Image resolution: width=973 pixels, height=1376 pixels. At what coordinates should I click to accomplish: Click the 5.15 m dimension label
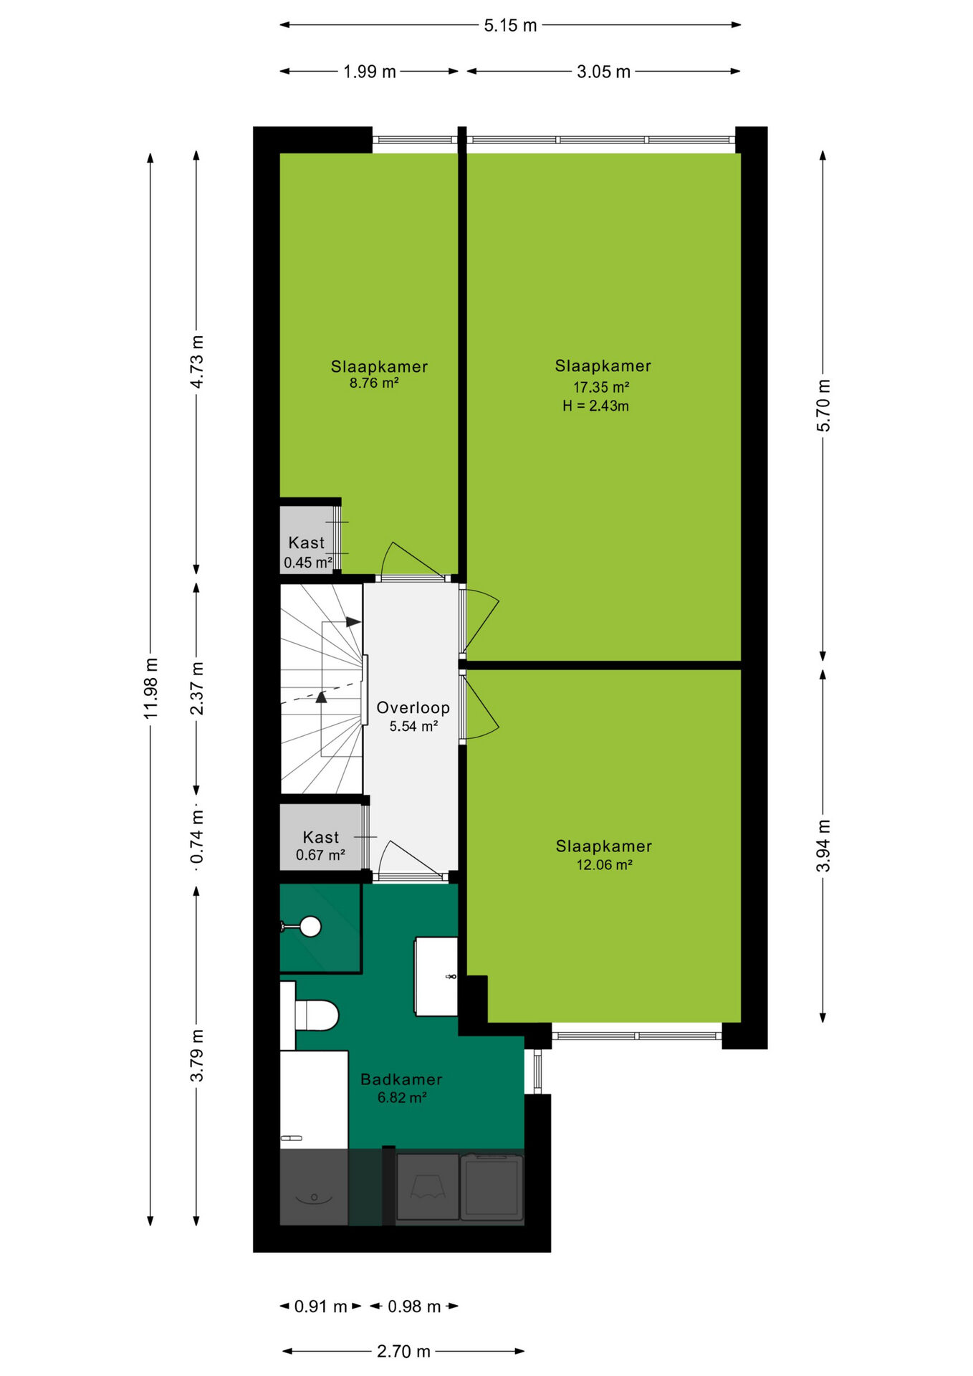pos(510,26)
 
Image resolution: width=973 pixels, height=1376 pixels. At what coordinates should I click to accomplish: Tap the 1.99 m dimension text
pos(370,72)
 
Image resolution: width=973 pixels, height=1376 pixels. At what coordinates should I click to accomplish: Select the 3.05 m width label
pos(603,72)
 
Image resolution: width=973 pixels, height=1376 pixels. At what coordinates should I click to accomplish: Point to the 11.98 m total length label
pos(151,688)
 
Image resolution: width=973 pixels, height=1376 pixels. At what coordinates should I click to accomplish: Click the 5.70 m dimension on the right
pos(824,406)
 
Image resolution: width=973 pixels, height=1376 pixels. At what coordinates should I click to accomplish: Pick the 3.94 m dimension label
pos(824,846)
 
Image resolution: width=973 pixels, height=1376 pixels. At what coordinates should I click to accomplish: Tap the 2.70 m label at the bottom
pos(403,1352)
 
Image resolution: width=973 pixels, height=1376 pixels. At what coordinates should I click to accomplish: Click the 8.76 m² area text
pos(374,383)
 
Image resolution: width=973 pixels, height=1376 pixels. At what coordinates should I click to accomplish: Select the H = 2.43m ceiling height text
pos(595,406)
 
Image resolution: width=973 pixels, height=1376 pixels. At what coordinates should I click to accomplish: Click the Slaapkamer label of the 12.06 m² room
pos(604,846)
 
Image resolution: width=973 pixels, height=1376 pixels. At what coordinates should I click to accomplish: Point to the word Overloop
pos(413,708)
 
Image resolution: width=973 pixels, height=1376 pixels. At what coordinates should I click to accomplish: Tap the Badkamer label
pos(401,1079)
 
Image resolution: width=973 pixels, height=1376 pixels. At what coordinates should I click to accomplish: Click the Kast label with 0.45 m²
pos(307,543)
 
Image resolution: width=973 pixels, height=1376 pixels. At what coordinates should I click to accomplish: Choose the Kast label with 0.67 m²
pos(321,838)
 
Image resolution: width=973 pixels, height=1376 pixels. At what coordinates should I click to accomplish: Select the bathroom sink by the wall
pos(436,976)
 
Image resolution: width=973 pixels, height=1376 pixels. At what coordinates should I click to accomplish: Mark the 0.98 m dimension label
pos(414,1306)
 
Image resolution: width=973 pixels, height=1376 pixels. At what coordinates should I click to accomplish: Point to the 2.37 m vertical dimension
pos(197,688)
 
